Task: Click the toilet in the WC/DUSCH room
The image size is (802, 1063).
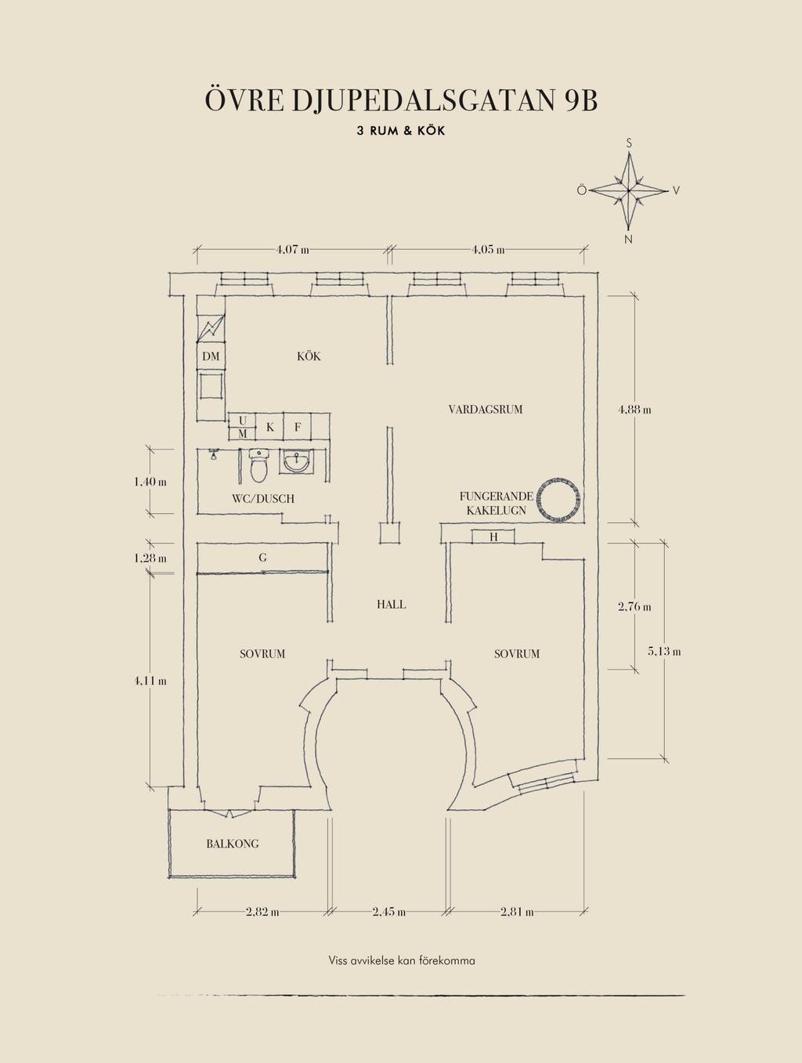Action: pos(258,465)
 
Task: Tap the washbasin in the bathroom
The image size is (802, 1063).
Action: pos(296,461)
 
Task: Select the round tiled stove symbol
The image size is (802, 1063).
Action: pos(559,499)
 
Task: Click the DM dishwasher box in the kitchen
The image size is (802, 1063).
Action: pos(211,356)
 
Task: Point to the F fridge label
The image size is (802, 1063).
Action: pos(298,427)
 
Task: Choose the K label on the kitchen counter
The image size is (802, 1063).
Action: pos(270,427)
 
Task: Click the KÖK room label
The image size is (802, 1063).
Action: pos(309,356)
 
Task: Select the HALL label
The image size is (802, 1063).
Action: pos(391,605)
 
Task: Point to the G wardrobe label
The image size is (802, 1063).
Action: pos(262,558)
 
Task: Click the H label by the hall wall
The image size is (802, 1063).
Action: pos(493,537)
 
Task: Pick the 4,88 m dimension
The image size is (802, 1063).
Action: pos(634,409)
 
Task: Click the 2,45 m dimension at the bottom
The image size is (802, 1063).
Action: pos(389,912)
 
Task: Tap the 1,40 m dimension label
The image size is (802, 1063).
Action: pos(150,482)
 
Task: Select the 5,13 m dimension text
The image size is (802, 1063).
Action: pos(664,652)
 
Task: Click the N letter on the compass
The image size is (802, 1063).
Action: pos(629,239)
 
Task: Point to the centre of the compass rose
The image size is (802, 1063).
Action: pos(629,191)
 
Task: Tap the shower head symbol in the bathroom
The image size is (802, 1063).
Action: pos(213,454)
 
